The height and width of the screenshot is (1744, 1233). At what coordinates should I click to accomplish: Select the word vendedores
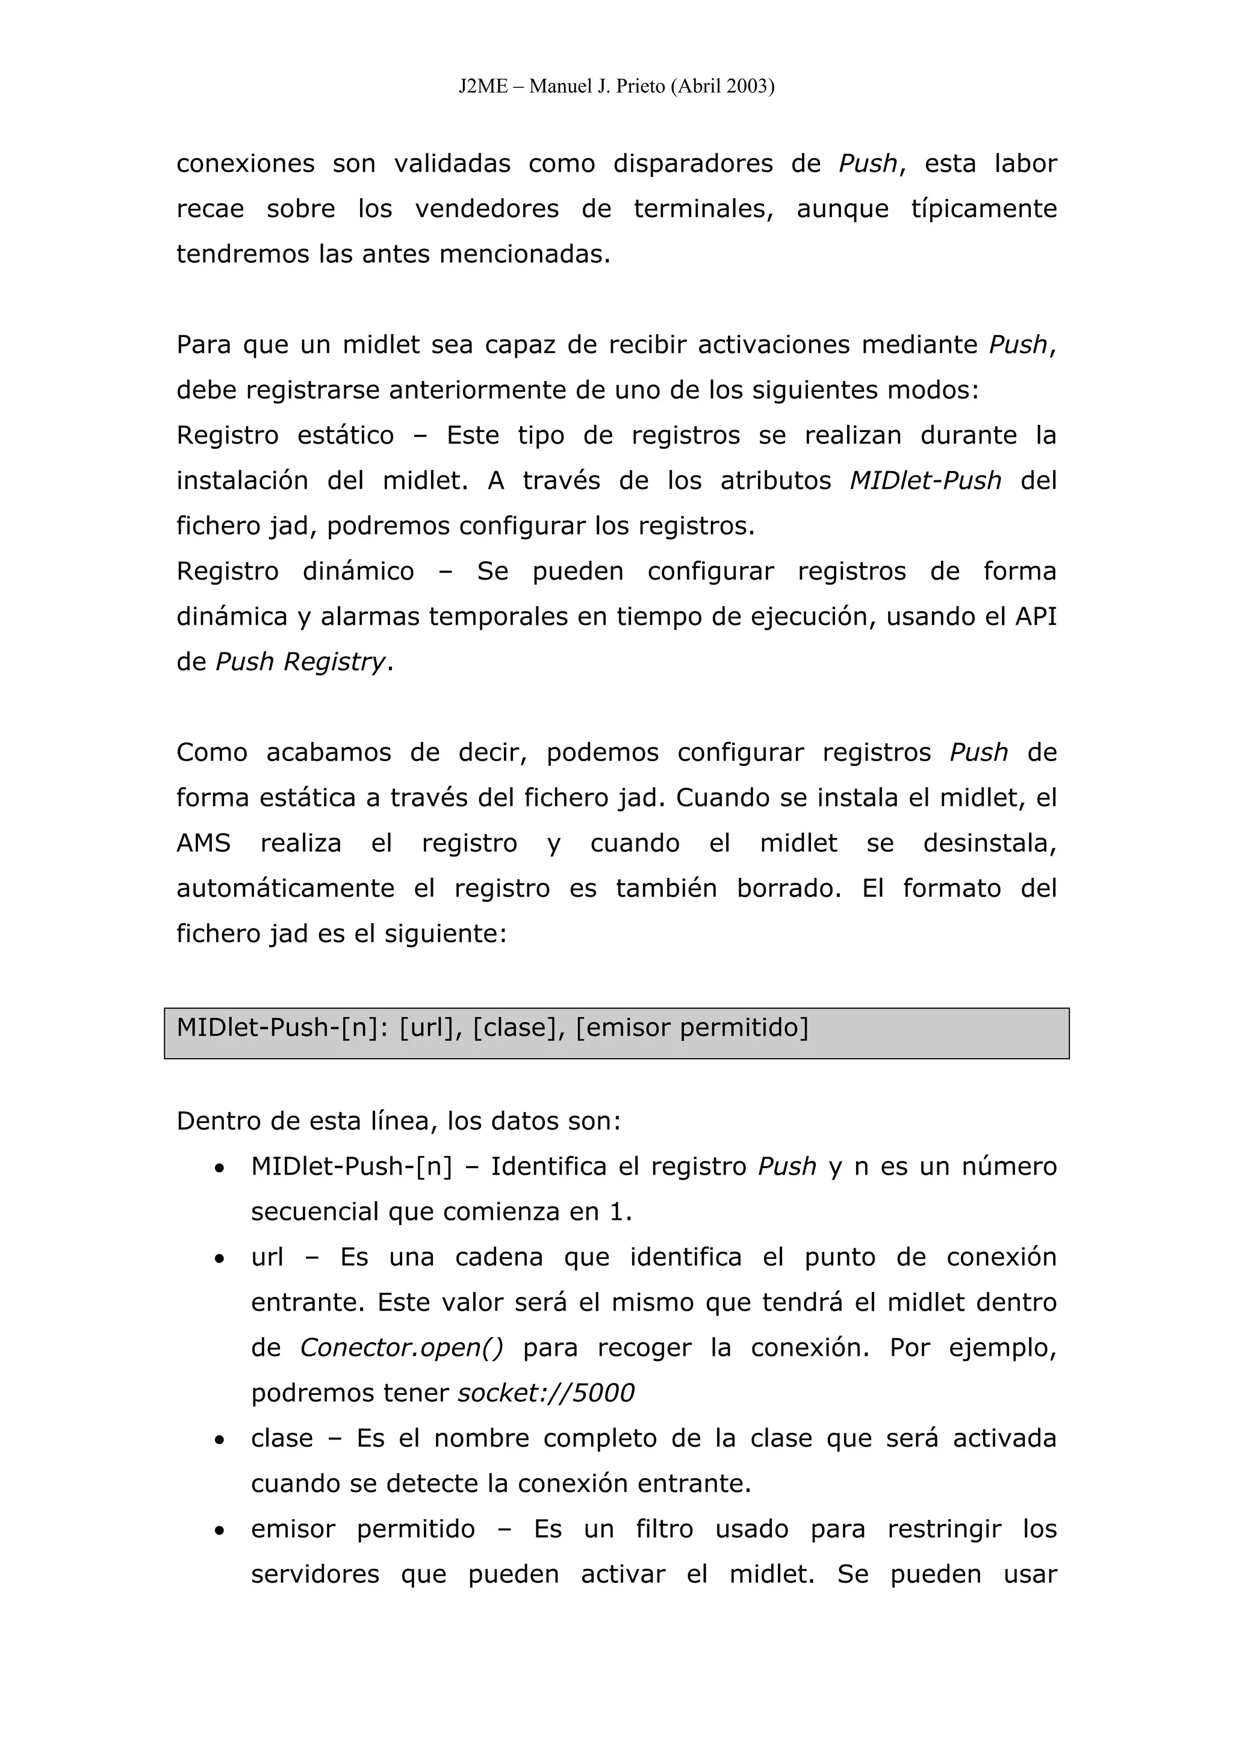(x=487, y=209)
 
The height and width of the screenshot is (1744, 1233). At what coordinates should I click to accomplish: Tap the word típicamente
(x=984, y=209)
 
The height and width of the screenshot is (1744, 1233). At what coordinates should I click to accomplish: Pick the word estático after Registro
(x=346, y=435)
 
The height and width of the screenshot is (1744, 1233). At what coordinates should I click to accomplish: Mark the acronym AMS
(x=203, y=843)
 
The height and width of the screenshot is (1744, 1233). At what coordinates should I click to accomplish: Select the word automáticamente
(x=285, y=889)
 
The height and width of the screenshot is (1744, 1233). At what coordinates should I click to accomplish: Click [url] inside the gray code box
(x=430, y=1028)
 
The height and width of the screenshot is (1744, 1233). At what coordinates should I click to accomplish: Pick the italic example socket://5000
(x=545, y=1393)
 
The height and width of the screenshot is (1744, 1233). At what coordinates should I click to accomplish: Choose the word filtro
(x=665, y=1529)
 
